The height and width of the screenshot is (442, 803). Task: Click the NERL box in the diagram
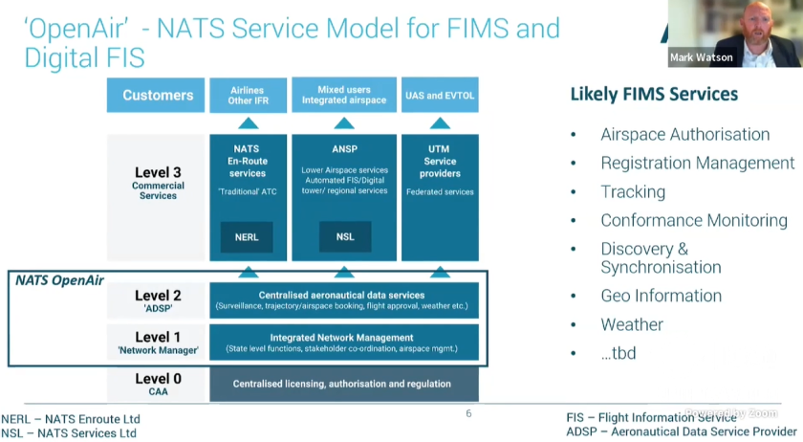(247, 237)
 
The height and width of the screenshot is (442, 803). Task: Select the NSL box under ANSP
(344, 237)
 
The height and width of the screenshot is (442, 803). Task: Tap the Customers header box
(157, 96)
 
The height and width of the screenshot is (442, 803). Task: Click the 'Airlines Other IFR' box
(248, 96)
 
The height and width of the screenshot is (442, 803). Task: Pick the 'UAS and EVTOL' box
(440, 96)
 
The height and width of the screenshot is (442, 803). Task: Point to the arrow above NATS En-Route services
(248, 123)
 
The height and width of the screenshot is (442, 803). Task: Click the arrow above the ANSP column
(344, 123)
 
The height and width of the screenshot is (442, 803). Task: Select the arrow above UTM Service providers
(440, 123)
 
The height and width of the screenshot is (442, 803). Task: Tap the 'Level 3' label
(158, 173)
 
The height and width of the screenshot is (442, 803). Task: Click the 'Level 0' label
(158, 380)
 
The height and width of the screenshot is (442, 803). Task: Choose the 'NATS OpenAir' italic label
(59, 280)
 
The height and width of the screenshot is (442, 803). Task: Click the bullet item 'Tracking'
(633, 191)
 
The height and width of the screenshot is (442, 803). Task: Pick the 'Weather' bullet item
(631, 324)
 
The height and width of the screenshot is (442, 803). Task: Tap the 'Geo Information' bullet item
(661, 296)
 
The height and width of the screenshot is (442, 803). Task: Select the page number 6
(468, 414)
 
